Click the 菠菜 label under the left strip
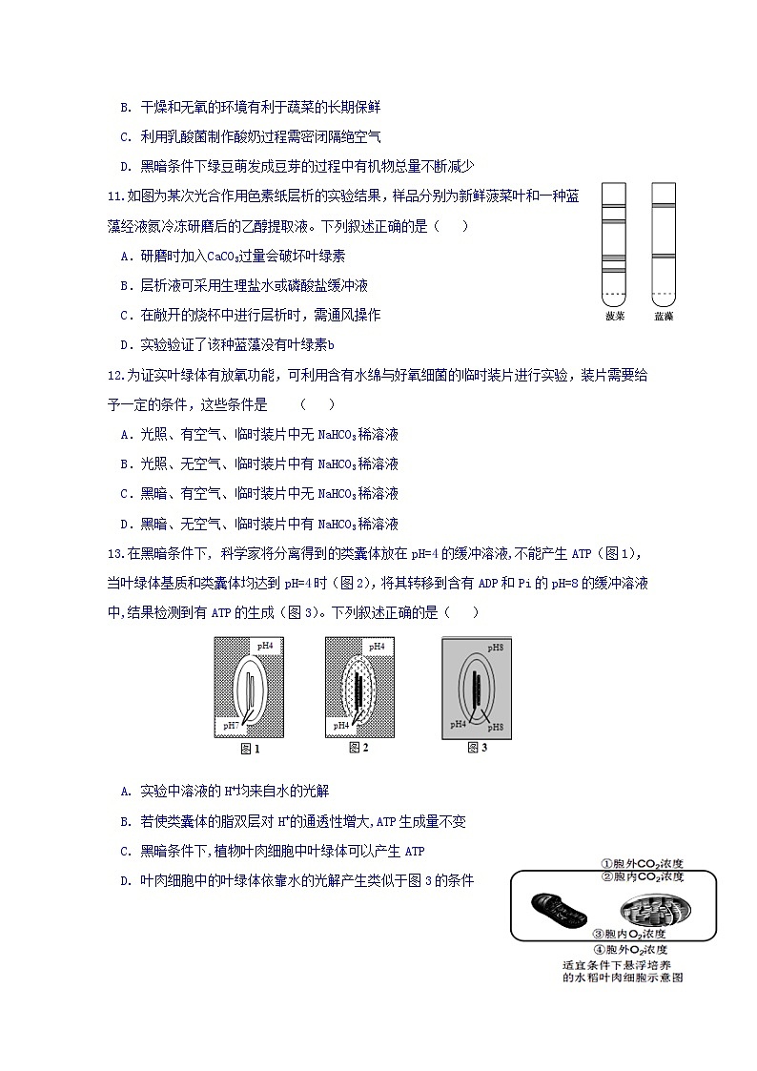tap(615, 317)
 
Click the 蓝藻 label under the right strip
tap(664, 317)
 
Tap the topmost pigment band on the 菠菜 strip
tap(615, 205)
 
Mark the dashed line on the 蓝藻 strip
tap(664, 292)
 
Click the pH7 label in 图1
tap(230, 726)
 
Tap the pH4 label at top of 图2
tap(377, 647)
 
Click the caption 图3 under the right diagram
tap(478, 747)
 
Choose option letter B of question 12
tap(126, 464)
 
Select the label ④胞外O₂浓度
tap(628, 950)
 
